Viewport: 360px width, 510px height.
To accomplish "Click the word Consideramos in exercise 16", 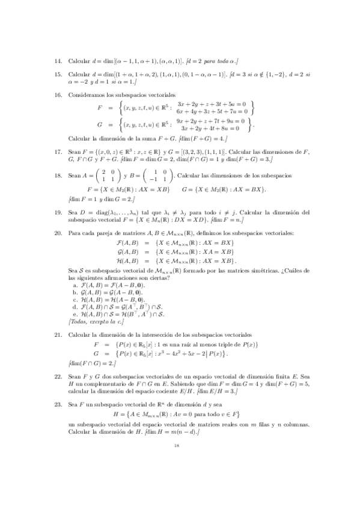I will [x=86, y=95].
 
